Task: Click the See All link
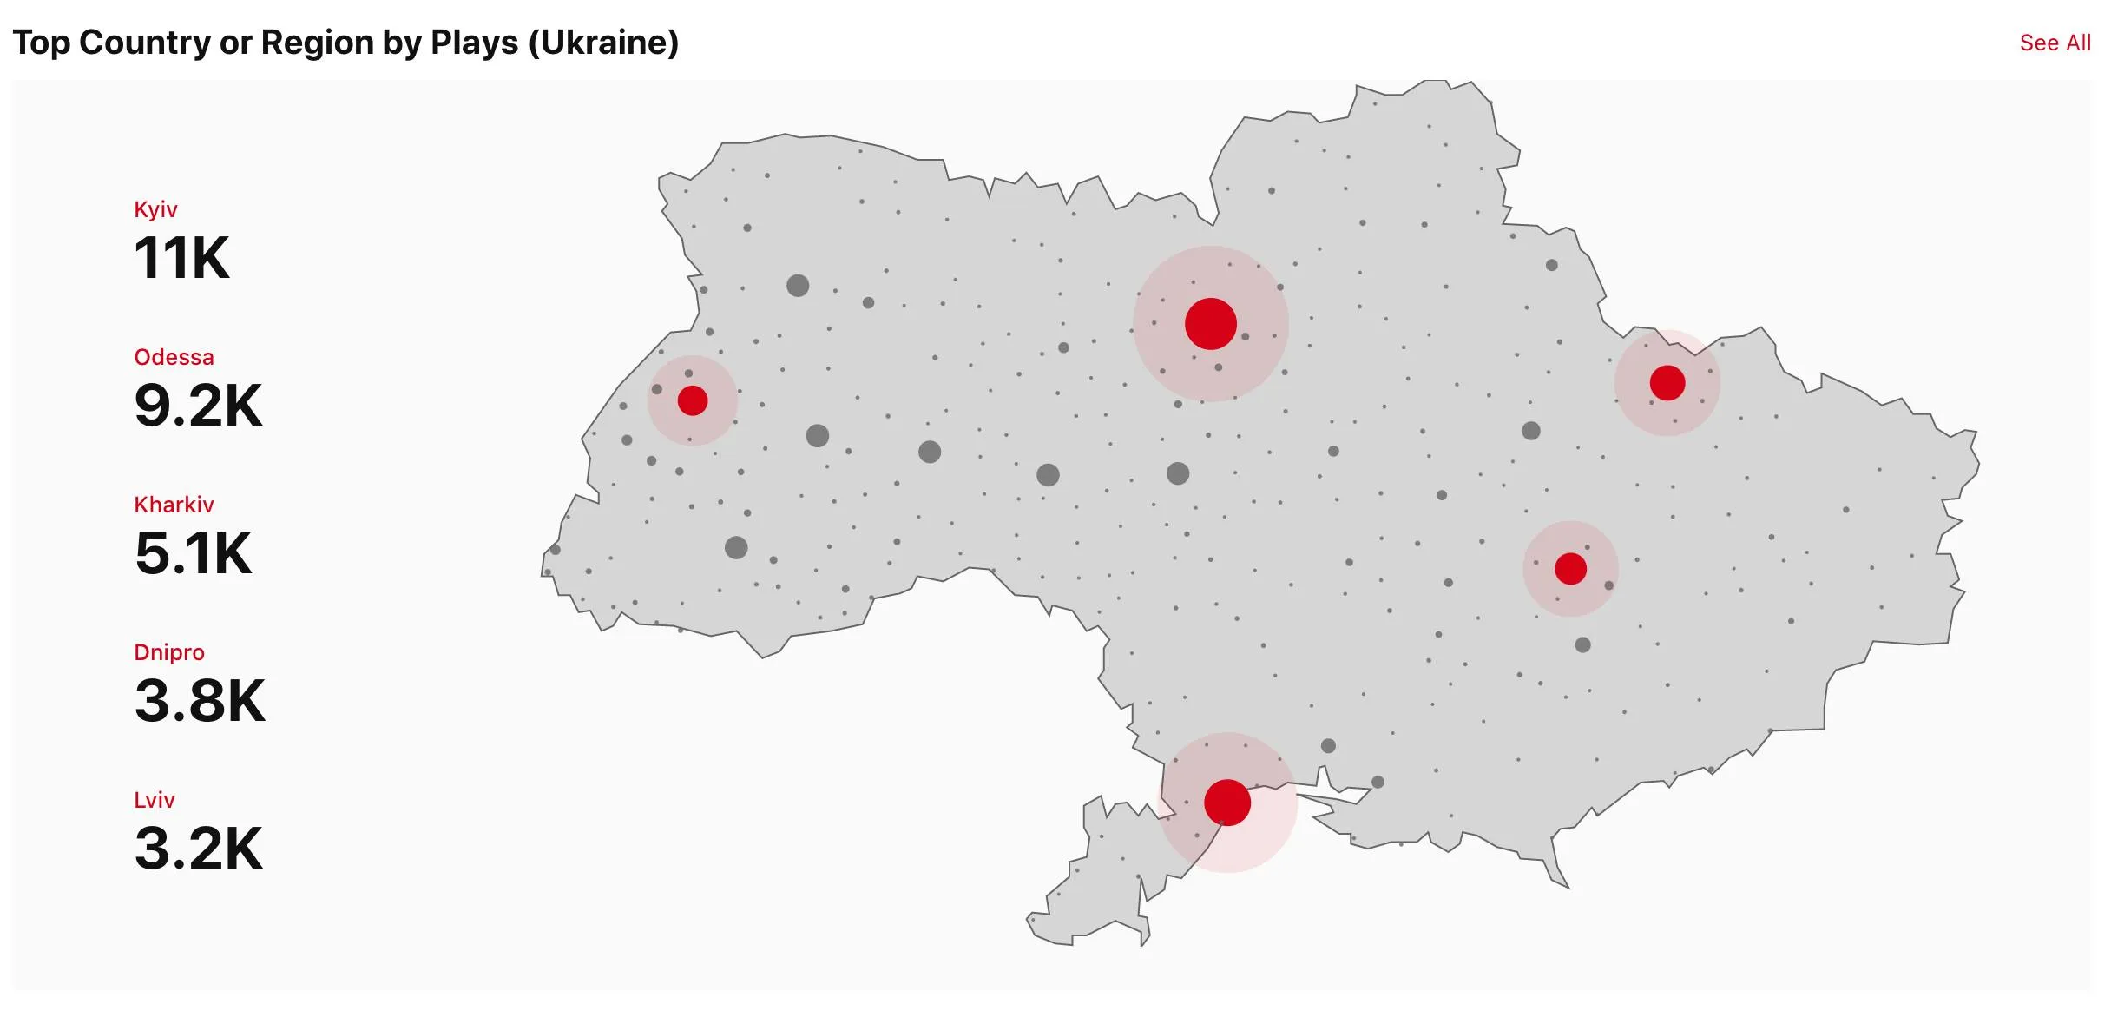(2054, 43)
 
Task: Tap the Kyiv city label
(155, 209)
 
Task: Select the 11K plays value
(181, 258)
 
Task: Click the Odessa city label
(174, 357)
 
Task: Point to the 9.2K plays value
(198, 406)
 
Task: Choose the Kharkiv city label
(174, 505)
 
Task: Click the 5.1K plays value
(194, 553)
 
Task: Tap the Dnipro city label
(169, 652)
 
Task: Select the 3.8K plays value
(200, 701)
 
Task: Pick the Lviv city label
(155, 800)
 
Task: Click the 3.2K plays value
(198, 849)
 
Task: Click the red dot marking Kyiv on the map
(1210, 324)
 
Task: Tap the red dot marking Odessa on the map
(1226, 802)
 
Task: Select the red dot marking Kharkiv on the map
(1667, 383)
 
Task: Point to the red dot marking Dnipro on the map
(1570, 569)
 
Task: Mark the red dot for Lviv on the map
(692, 400)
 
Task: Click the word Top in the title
(41, 43)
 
